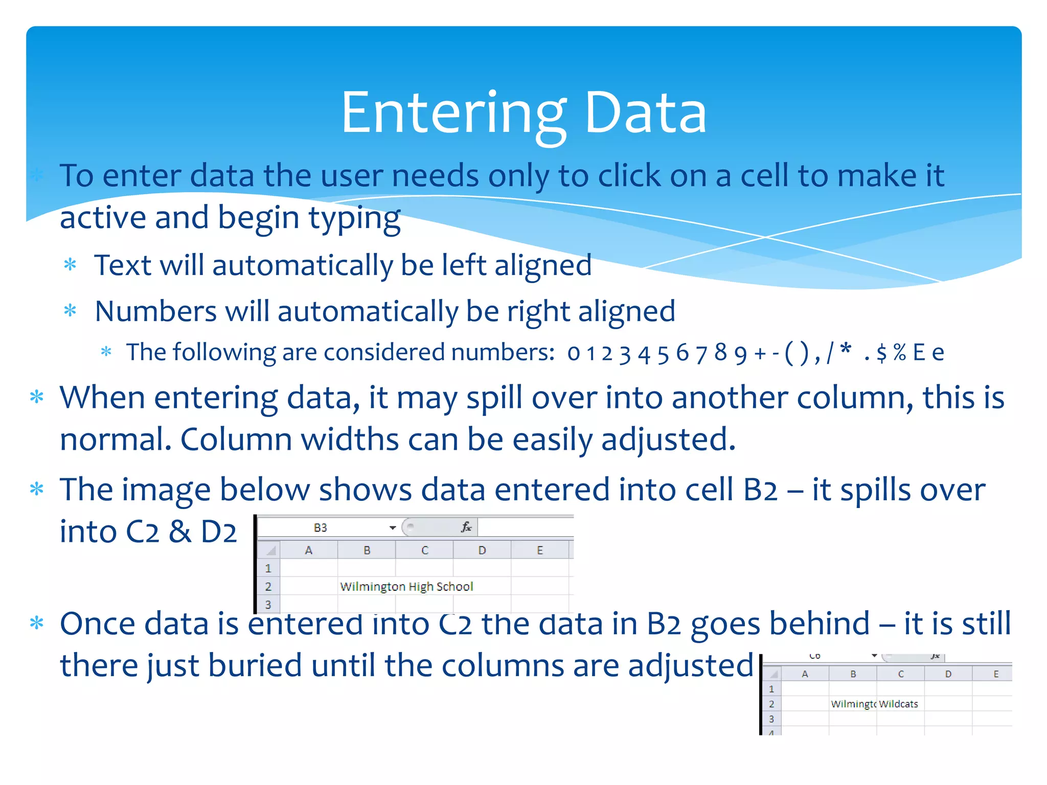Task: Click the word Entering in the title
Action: point(453,113)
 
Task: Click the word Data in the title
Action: point(645,113)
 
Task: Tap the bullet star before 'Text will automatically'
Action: point(70,265)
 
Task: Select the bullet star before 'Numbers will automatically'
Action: point(70,311)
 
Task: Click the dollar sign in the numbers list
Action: point(881,353)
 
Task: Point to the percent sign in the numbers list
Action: point(900,352)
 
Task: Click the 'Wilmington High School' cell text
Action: point(406,586)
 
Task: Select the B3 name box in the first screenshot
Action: point(321,527)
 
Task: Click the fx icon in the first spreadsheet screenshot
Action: point(466,527)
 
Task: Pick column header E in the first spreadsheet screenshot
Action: point(539,550)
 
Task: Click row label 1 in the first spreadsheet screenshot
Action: point(268,568)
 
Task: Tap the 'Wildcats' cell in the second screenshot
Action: point(898,704)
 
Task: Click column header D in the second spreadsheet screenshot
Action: point(948,674)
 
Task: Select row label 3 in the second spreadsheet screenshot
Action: point(771,719)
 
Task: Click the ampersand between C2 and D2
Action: point(180,532)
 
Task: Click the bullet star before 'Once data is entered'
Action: point(37,623)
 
